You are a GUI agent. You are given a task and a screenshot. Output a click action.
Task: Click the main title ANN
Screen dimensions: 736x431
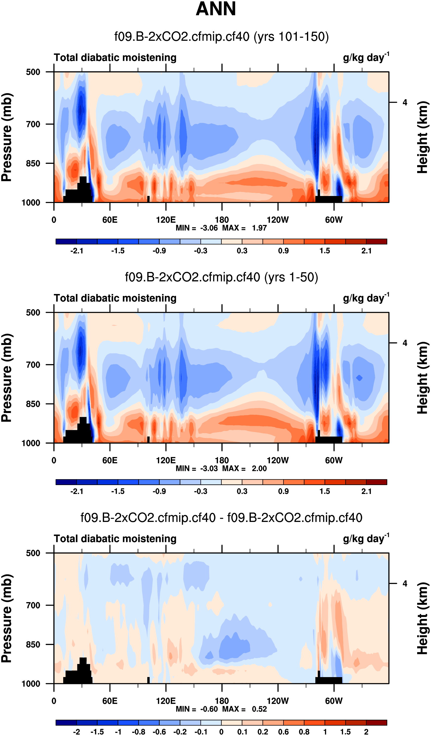215,9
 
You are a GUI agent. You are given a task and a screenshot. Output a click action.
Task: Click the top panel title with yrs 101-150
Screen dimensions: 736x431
221,37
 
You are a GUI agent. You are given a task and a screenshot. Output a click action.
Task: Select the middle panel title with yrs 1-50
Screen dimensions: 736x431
221,277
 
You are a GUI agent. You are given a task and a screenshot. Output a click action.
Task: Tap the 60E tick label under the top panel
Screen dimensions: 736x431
110,220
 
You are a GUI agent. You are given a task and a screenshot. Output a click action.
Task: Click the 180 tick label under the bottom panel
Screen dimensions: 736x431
222,701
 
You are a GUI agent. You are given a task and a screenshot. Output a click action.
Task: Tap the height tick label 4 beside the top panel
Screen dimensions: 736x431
405,102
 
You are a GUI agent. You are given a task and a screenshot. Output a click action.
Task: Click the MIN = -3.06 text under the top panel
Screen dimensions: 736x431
196,228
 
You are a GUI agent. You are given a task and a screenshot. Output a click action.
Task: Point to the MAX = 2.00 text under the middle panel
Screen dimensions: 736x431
244,469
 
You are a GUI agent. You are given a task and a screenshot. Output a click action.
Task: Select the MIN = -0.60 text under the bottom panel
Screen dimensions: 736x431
196,709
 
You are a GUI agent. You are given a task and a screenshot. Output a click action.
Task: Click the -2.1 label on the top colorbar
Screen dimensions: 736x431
77,251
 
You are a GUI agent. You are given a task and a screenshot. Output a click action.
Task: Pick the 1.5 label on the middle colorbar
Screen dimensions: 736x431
324,491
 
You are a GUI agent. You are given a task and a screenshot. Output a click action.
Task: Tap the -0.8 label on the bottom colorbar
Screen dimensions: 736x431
138,732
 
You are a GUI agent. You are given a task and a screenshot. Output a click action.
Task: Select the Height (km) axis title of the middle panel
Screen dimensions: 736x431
423,378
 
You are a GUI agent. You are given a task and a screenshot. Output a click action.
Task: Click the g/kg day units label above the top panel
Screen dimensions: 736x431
366,57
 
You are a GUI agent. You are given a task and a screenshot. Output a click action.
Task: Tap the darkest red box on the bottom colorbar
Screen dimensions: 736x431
376,723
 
